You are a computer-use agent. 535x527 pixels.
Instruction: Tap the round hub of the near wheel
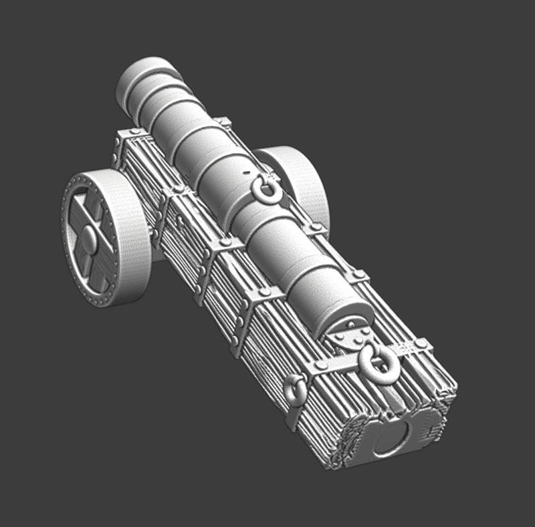[x=90, y=240]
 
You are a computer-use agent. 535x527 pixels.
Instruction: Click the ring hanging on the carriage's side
[x=295, y=390]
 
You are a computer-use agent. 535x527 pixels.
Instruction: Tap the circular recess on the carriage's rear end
[x=393, y=440]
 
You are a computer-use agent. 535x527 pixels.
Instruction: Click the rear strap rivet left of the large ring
[x=322, y=366]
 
